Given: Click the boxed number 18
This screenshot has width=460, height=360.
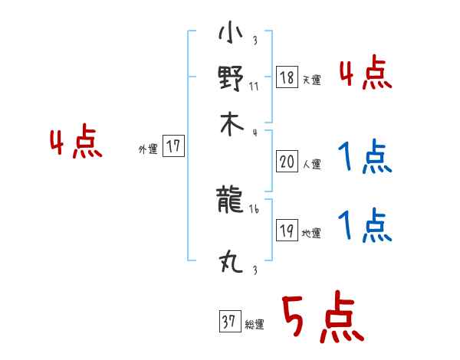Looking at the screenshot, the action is point(287,77).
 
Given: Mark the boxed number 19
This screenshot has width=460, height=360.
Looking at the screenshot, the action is point(287,230).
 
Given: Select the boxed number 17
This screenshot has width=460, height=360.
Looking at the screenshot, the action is point(174,146).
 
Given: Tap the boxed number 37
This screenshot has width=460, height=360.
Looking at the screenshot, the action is point(228,322).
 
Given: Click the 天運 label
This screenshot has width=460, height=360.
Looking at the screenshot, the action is point(311,80).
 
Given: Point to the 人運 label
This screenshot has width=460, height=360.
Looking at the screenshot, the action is point(311,163).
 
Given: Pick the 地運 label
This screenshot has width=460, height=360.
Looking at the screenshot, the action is point(311,233).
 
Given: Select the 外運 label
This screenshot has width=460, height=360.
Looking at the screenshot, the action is point(148,149).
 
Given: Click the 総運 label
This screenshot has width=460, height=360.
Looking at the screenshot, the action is point(254,325).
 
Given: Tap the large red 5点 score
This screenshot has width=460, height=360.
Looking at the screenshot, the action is point(322,319).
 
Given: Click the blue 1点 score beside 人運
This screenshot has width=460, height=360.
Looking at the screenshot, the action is point(365,159).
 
